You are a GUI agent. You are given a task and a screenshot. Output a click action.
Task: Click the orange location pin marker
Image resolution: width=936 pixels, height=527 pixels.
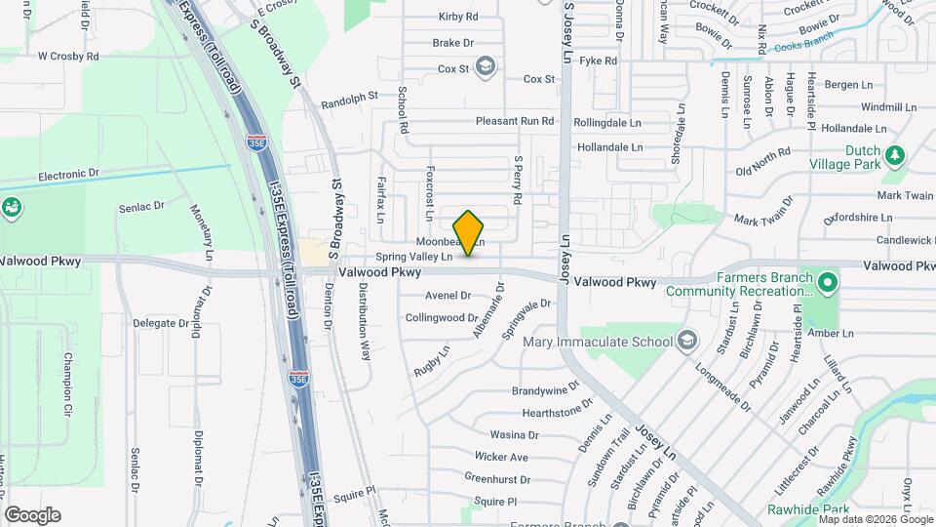(469, 232)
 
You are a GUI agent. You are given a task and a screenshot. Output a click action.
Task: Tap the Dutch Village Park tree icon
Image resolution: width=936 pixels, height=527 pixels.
(893, 154)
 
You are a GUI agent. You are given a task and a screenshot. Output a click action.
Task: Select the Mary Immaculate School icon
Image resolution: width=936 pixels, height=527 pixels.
(687, 341)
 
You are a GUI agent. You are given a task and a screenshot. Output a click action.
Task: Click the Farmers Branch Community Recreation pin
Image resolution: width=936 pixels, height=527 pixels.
(828, 284)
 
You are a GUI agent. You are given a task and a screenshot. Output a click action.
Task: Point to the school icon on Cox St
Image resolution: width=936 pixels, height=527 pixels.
(487, 66)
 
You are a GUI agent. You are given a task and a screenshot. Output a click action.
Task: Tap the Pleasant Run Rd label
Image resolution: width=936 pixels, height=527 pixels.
(515, 122)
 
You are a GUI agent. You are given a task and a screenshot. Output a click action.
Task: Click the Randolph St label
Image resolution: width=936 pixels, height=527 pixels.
(349, 99)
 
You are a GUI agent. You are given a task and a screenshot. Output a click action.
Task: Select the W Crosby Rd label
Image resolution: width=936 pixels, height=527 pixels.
(68, 57)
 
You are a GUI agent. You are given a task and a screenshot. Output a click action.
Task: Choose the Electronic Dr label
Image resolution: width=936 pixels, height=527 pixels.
(69, 175)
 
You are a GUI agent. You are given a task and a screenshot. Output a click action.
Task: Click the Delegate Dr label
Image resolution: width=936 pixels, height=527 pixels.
(160, 323)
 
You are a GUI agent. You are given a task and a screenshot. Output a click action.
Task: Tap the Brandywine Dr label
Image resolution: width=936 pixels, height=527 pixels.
(546, 390)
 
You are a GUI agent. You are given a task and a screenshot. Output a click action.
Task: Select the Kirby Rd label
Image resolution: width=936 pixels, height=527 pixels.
(458, 17)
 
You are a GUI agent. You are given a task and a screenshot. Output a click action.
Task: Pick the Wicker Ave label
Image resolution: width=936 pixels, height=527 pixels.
(501, 457)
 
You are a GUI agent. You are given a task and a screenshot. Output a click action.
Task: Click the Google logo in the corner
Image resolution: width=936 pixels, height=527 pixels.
(32, 514)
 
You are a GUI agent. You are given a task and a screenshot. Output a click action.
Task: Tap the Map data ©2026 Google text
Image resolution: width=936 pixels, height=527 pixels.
(876, 519)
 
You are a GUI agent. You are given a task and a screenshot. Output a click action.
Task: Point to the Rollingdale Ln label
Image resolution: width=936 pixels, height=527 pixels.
(607, 123)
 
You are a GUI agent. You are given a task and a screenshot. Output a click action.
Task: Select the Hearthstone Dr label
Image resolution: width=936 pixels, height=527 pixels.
(558, 413)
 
